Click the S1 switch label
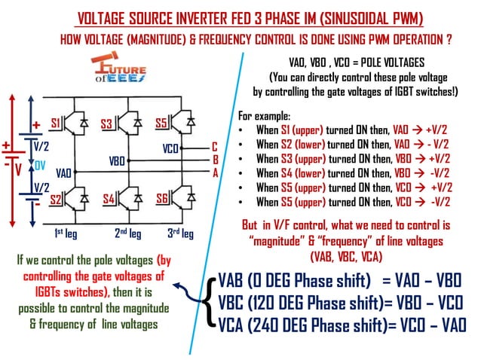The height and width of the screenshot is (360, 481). [x=56, y=122]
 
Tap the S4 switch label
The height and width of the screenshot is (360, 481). [x=109, y=200]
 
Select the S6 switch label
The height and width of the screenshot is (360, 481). [x=161, y=200]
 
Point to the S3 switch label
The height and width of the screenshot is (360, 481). [x=106, y=122]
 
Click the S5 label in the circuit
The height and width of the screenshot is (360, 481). [x=161, y=122]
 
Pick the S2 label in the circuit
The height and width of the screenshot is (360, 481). [x=56, y=200]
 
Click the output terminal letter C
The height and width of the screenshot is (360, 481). [x=214, y=148]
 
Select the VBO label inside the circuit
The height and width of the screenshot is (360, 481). [x=118, y=160]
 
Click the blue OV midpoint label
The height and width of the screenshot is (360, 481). [x=38, y=165]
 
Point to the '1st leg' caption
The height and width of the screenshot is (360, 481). [x=67, y=233]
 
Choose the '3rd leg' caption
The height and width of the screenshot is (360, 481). [x=180, y=233]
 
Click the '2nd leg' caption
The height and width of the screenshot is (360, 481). [x=127, y=233]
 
